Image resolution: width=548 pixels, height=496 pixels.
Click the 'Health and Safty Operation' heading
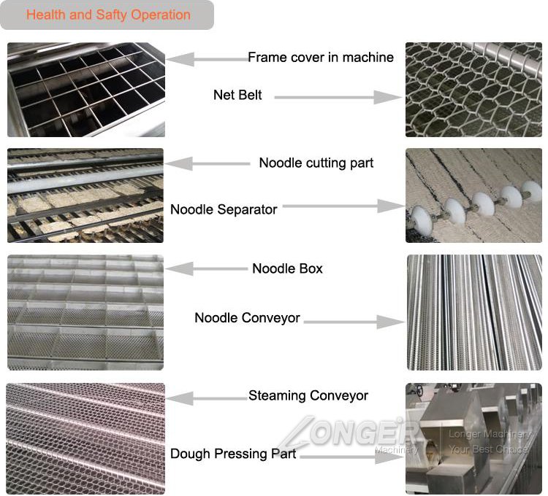[x=108, y=15]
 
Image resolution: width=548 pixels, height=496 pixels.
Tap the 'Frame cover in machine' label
[x=321, y=57]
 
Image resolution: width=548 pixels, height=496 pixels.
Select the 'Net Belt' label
[x=237, y=95]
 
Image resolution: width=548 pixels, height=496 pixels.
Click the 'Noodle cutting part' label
[x=316, y=163]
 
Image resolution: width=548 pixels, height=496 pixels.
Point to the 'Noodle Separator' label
[x=224, y=209]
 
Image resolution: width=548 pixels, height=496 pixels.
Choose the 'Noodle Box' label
[x=288, y=268]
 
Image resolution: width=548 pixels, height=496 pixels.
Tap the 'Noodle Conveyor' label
[x=248, y=318]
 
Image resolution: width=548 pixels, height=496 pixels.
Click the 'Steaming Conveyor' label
[x=308, y=395]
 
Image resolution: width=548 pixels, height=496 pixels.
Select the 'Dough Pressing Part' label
[x=233, y=454]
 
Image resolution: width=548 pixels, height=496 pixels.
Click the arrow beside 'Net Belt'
[x=338, y=97]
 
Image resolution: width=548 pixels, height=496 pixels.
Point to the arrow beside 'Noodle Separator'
[x=343, y=206]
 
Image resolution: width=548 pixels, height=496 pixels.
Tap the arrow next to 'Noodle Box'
[x=207, y=268]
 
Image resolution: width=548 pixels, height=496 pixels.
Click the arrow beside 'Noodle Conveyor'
[x=354, y=322]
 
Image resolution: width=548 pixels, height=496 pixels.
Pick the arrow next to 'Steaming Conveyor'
[x=207, y=398]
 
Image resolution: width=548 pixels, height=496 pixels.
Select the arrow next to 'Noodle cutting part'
[x=208, y=163]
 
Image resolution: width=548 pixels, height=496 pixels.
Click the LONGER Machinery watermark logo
[x=349, y=433]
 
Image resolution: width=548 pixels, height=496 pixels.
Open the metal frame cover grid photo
[x=86, y=90]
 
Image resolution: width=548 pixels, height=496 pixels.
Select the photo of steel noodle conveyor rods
[x=474, y=312]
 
